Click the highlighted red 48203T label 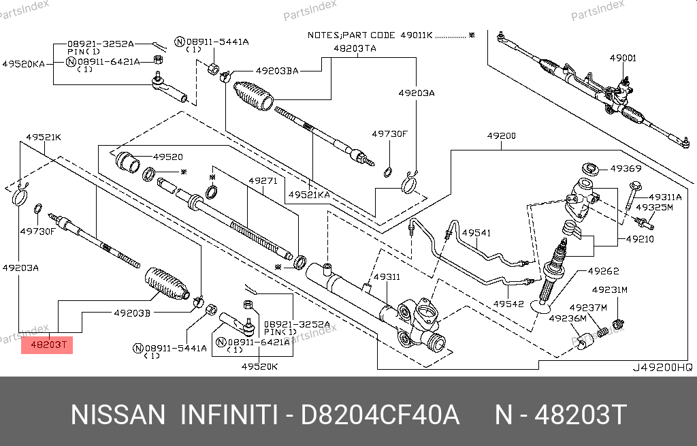coord(47,345)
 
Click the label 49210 coord(640,240)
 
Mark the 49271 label coord(262,181)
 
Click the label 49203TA coord(355,48)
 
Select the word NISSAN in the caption coord(118,415)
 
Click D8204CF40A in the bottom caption coord(381,415)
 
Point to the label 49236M coord(567,318)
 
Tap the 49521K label coord(44,137)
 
